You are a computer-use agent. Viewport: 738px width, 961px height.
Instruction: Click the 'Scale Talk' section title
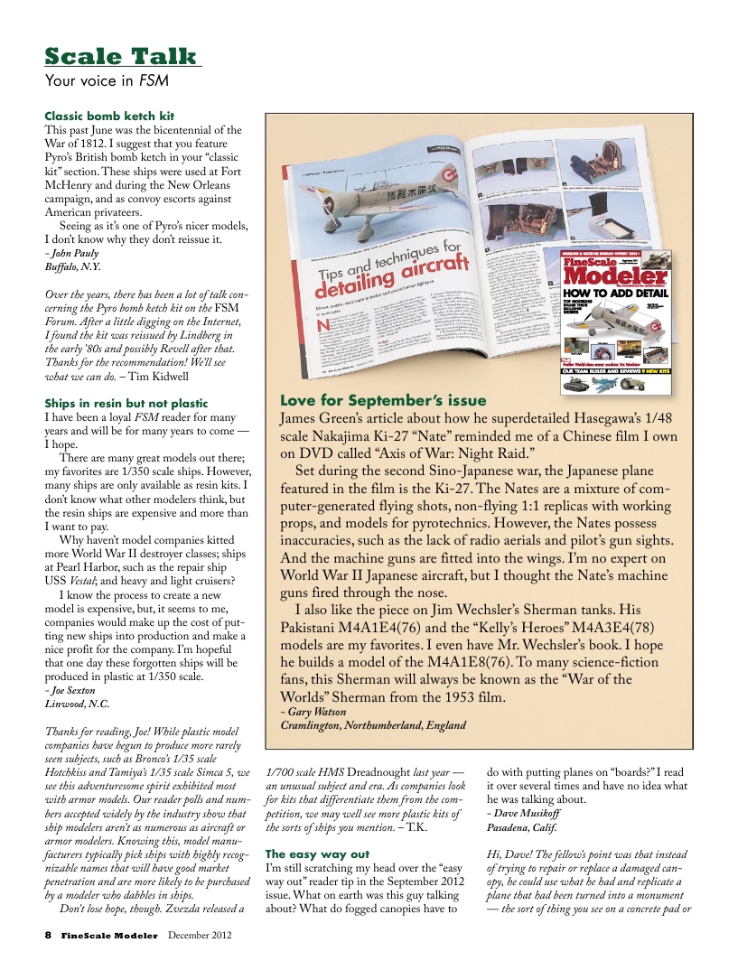pyautogui.click(x=121, y=57)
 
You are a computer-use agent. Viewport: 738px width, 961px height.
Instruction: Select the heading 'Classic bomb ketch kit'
pyautogui.click(x=109, y=117)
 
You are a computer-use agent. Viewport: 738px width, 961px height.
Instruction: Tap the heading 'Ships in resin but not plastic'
pyautogui.click(x=126, y=403)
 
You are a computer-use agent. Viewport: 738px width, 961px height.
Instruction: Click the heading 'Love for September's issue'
pyautogui.click(x=383, y=400)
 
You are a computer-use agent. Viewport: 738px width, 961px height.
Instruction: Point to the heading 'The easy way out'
pyautogui.click(x=317, y=854)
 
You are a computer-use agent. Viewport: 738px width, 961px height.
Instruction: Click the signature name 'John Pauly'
pyautogui.click(x=74, y=254)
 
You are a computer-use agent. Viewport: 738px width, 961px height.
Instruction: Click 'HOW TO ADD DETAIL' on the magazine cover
pyautogui.click(x=616, y=294)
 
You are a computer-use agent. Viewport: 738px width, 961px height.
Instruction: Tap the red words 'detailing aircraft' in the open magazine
pyautogui.click(x=393, y=276)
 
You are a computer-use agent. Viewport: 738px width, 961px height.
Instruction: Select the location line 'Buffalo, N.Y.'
pyautogui.click(x=73, y=267)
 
